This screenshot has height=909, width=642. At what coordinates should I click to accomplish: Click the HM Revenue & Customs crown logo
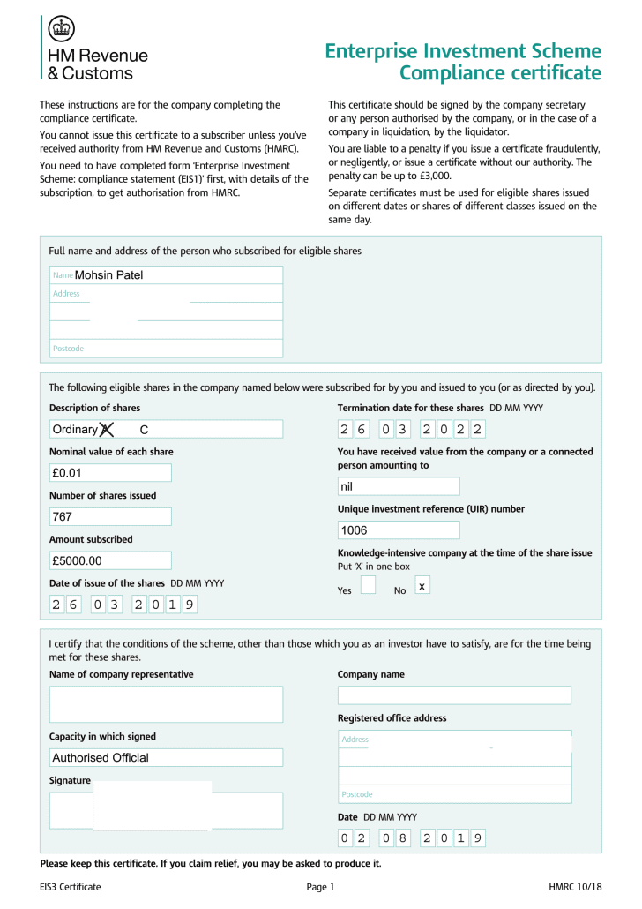pos(61,29)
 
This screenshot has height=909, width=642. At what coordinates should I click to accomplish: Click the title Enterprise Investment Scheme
pos(463,51)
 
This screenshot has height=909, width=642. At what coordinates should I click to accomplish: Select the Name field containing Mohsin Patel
pos(166,275)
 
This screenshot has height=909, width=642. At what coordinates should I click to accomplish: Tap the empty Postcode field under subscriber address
pos(166,349)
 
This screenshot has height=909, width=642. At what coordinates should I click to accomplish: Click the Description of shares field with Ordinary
pos(166,430)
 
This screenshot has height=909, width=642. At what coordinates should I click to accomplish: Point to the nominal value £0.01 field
pos(110,473)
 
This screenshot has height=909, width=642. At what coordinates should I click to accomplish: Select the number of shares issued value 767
pos(110,517)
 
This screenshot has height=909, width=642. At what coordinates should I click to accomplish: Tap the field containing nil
pos(399,487)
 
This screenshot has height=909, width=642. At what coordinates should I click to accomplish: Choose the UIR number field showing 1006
pos(399,530)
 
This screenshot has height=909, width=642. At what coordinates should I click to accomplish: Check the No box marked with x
pos(422,586)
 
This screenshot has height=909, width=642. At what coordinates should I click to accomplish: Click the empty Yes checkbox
pos(369,586)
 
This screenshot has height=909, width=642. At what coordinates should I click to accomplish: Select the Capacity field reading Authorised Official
pos(166,758)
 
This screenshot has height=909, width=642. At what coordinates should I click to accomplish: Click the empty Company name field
pos(454,695)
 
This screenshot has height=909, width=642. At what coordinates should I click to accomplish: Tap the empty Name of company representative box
pos(166,704)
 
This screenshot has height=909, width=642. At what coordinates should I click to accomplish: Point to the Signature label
pos(70,781)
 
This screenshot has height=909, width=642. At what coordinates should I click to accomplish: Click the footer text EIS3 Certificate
pos(71,887)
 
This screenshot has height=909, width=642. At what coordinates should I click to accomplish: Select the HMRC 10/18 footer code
pos(575,887)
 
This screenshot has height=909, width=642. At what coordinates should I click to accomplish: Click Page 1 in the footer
pos(321,887)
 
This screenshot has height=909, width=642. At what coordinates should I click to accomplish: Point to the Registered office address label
pos(392,718)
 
